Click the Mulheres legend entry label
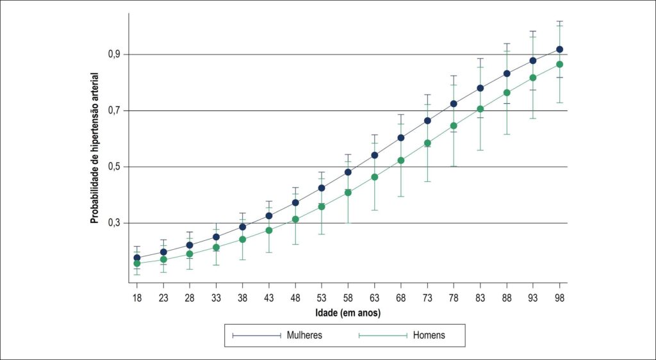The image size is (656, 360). tap(304, 335)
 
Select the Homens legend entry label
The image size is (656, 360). tap(429, 335)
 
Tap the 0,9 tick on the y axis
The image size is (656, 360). tap(116, 54)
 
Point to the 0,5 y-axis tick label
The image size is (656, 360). tap(116, 167)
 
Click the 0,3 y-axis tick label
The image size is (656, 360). tap(116, 224)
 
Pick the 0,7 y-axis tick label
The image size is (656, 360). tap(116, 111)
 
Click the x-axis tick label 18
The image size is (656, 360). tap(137, 298)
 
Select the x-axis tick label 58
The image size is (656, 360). tap(348, 298)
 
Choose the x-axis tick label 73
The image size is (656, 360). tap(427, 298)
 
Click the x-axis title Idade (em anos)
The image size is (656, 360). tap(348, 313)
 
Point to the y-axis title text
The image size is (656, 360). tap(95, 147)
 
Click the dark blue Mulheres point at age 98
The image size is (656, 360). tap(560, 49)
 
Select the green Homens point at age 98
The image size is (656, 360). tap(560, 65)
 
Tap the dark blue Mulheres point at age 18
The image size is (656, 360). tap(137, 258)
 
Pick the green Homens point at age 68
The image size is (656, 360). tap(401, 161)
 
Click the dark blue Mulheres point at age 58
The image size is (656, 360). tap(348, 172)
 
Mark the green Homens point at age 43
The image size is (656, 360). tap(269, 231)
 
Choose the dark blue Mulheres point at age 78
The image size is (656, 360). tap(454, 104)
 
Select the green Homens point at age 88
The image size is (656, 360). tap(507, 92)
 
